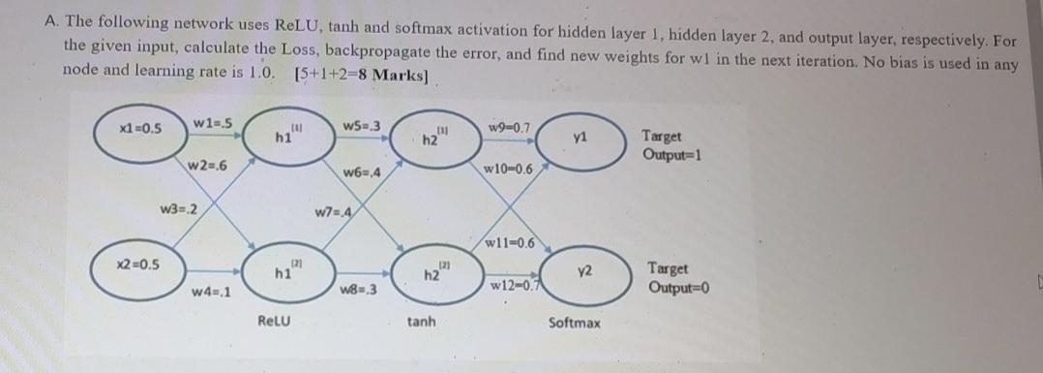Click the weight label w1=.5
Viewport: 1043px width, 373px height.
(211, 121)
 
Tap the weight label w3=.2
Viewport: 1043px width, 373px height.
(179, 209)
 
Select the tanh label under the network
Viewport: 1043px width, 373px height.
(421, 320)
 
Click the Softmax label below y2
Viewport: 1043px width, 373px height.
(574, 320)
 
